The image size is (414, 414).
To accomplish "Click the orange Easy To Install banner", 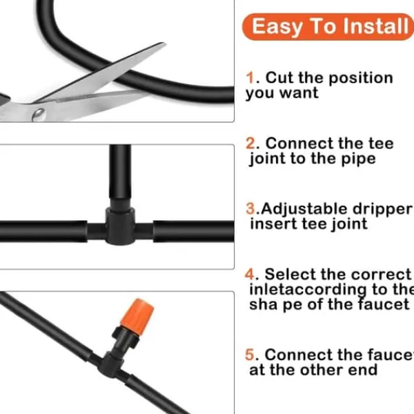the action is tap(328, 27).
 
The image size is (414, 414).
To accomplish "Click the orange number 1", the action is tap(250, 78).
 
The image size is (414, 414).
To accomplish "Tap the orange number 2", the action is tap(250, 144).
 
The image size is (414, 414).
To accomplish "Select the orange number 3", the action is tap(250, 208).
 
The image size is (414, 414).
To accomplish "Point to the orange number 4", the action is tap(250, 274).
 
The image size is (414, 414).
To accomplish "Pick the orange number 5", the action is tap(250, 355).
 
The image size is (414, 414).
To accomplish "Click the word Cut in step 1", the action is tap(280, 78).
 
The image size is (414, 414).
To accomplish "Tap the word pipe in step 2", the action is tap(358, 159).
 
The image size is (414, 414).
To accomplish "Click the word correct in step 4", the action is tap(381, 275).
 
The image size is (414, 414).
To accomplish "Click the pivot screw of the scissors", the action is tap(39, 115).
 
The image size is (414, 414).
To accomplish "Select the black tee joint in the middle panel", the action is tap(120, 226).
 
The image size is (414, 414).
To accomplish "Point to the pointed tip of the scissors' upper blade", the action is tap(164, 43).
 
